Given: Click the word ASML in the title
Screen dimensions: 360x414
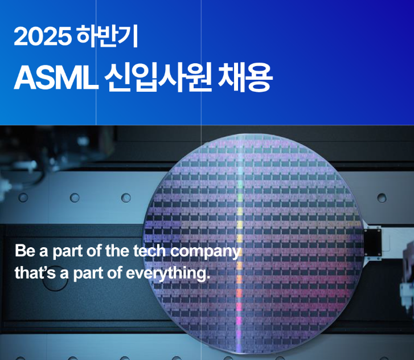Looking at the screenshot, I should tap(54, 78).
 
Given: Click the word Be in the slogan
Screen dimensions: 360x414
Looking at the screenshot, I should tap(24, 251).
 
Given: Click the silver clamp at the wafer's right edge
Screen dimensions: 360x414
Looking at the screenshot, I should tap(374, 239).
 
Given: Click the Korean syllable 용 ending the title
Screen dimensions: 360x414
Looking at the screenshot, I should tap(259, 78).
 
